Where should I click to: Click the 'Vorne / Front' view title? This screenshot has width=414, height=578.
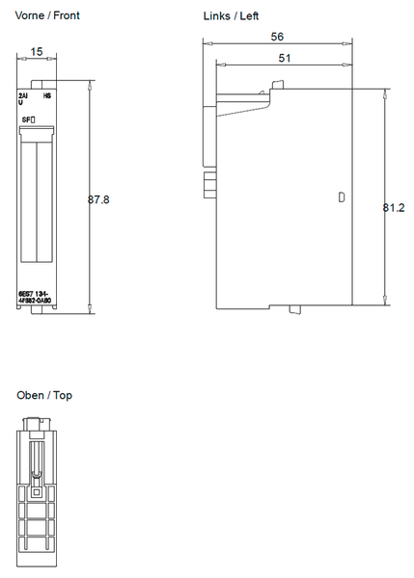pos(47,16)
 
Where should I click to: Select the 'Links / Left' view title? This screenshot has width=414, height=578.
pos(231,16)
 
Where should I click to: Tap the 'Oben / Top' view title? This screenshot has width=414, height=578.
pos(44,395)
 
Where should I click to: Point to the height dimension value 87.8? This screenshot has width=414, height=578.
pos(98,199)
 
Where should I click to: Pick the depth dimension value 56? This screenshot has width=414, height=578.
pos(277,36)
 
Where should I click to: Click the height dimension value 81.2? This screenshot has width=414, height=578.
pos(393,207)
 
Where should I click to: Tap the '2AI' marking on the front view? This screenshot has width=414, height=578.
pos(24,97)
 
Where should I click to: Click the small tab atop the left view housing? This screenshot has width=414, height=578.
pos(279,87)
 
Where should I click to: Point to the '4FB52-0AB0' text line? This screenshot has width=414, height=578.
pos(36,301)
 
